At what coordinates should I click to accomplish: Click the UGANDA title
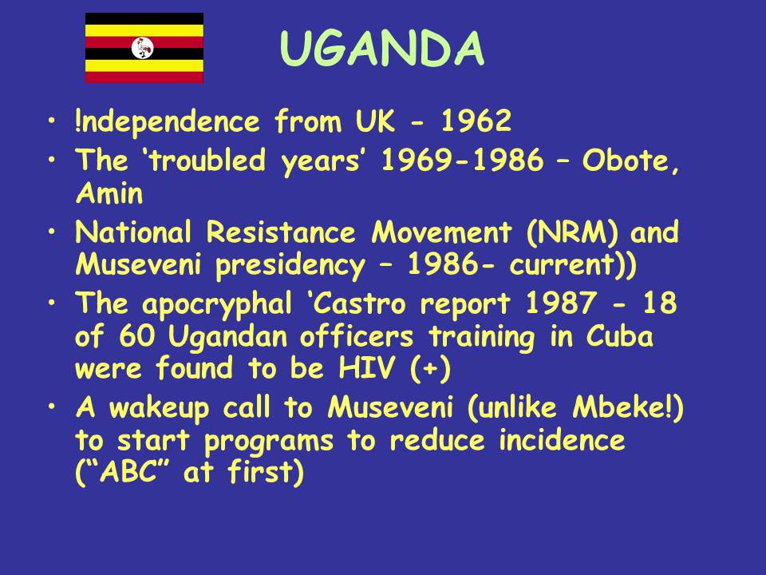[x=382, y=48]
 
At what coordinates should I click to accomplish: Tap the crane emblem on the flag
[x=143, y=48]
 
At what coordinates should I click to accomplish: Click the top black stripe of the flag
[x=144, y=18]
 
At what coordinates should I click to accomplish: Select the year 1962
[x=476, y=121]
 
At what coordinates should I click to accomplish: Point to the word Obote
[x=630, y=160]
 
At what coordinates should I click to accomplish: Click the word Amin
[x=109, y=192]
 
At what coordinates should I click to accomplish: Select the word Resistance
[x=280, y=232]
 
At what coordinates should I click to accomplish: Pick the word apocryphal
[x=216, y=304]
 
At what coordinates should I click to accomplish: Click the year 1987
[x=560, y=303]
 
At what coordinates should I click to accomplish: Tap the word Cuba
[x=619, y=336]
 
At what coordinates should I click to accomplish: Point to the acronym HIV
[x=366, y=367]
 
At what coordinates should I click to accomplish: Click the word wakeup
[x=158, y=408]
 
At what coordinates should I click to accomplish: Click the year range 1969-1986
[x=462, y=160]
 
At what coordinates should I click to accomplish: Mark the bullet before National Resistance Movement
[x=52, y=232]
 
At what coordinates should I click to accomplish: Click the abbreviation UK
[x=374, y=121]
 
